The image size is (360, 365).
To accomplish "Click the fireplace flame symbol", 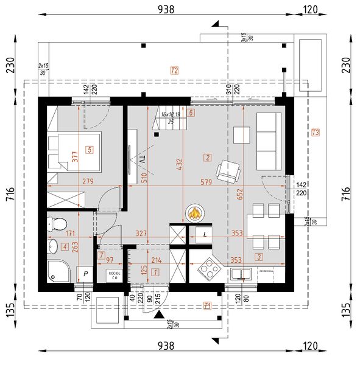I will coord(195,214).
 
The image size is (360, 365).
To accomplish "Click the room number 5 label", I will coord(90,149).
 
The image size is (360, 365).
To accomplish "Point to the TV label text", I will coord(142,159).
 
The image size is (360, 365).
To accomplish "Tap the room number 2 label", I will coord(208,158).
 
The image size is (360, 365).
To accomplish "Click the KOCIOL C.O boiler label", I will coord(113,275).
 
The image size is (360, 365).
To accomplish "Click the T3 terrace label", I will coord(315,133).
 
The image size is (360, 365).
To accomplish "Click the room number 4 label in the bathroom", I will coord(65,246).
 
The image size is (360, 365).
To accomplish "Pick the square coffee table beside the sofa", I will coord(242,134).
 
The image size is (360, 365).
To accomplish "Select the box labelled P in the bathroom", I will coord(86,275).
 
